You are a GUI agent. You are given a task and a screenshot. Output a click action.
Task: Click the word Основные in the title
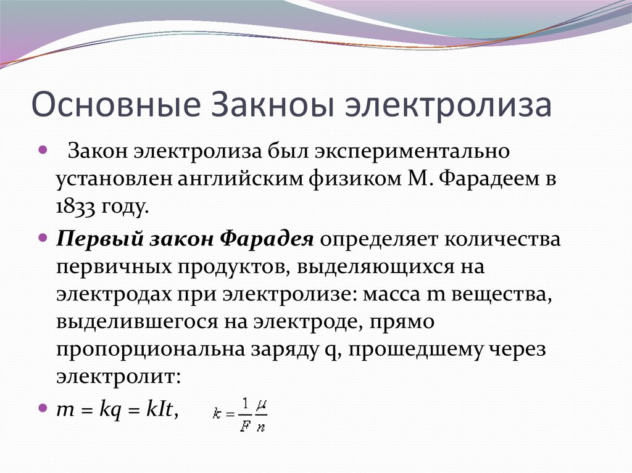click(x=114, y=105)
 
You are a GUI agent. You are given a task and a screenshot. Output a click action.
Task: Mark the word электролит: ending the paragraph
click(x=118, y=376)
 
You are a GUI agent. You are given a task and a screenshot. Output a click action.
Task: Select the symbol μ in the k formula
click(x=261, y=405)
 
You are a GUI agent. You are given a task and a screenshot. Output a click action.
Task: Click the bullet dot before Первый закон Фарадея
click(x=43, y=237)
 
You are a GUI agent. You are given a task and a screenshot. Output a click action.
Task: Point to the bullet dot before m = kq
click(x=43, y=408)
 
